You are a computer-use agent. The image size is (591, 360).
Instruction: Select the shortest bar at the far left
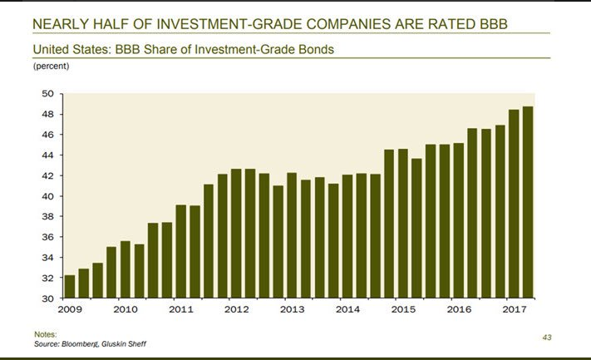pyautogui.click(x=69, y=286)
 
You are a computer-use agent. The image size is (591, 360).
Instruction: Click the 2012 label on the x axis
pyautogui.click(x=236, y=308)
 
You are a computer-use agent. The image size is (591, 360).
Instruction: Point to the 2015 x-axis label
pyautogui.click(x=403, y=308)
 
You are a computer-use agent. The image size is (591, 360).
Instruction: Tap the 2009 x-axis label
pyautogui.click(x=69, y=308)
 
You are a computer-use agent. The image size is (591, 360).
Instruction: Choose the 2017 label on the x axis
pyautogui.click(x=515, y=308)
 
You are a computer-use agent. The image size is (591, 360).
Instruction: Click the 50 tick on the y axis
pyautogui.click(x=47, y=94)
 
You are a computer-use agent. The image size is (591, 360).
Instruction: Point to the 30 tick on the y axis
pyautogui.click(x=47, y=298)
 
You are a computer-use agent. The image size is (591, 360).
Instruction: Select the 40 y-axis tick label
pyautogui.click(x=47, y=196)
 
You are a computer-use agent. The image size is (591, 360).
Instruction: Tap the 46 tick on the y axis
pyautogui.click(x=47, y=135)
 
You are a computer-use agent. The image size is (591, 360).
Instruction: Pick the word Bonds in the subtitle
pyautogui.click(x=317, y=49)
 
